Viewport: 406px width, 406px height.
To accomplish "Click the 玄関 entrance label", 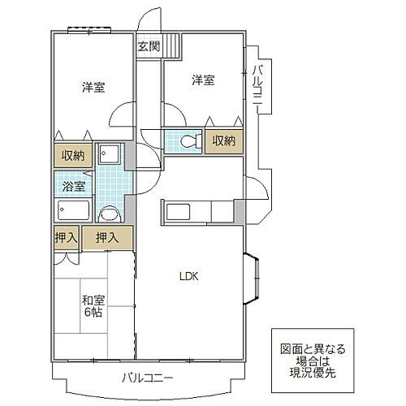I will pos(148,46).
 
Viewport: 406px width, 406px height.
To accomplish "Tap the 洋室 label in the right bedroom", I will pos(204,80).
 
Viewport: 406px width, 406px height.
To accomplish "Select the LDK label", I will pos(189,276).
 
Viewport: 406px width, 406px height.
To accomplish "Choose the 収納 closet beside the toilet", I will pos(223,141).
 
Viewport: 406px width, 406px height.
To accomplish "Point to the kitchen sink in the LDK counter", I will pos(178,213).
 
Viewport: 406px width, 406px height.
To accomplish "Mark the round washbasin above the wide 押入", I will pos(108,214).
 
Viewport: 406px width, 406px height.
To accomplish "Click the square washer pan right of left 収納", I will pos(109,155).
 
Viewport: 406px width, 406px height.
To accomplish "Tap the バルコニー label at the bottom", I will pos(147,377).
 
